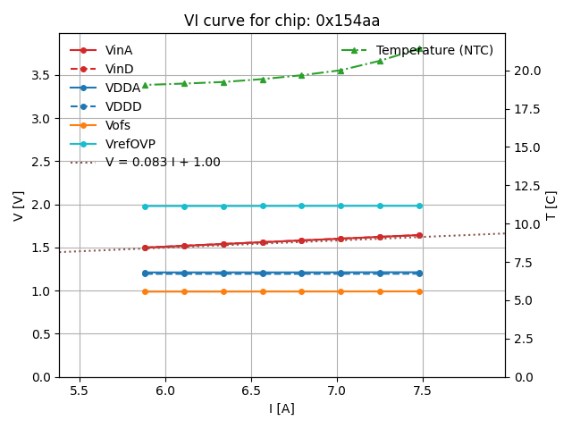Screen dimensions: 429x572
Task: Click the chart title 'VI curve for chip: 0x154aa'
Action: (282, 21)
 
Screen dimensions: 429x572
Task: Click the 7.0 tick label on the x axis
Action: (336, 391)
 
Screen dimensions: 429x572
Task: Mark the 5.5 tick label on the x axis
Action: (80, 391)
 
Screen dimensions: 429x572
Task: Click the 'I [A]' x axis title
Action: (282, 409)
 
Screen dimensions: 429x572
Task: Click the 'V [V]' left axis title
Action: (19, 206)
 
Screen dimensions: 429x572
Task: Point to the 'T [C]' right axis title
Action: (551, 206)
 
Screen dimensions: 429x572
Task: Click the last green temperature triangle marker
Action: (419, 49)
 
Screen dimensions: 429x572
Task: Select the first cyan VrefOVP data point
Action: (145, 206)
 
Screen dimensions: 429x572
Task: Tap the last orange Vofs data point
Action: (419, 291)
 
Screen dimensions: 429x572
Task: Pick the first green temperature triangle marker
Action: (145, 85)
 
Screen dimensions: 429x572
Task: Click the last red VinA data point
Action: (419, 235)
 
